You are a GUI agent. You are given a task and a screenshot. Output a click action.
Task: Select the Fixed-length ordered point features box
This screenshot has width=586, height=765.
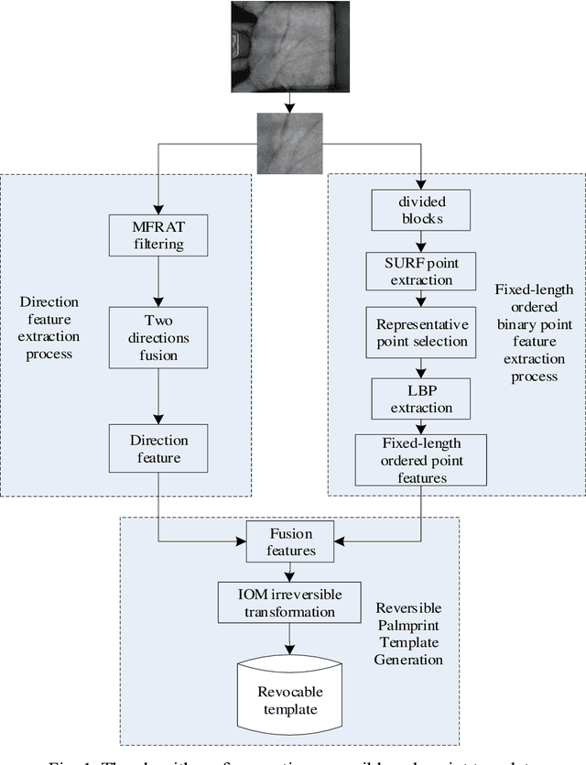[420, 458]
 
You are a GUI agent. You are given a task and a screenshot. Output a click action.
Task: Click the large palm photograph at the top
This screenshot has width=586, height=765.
[290, 46]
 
